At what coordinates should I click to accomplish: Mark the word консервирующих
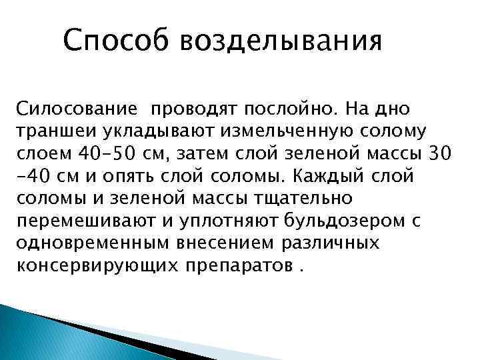tap(84, 265)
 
